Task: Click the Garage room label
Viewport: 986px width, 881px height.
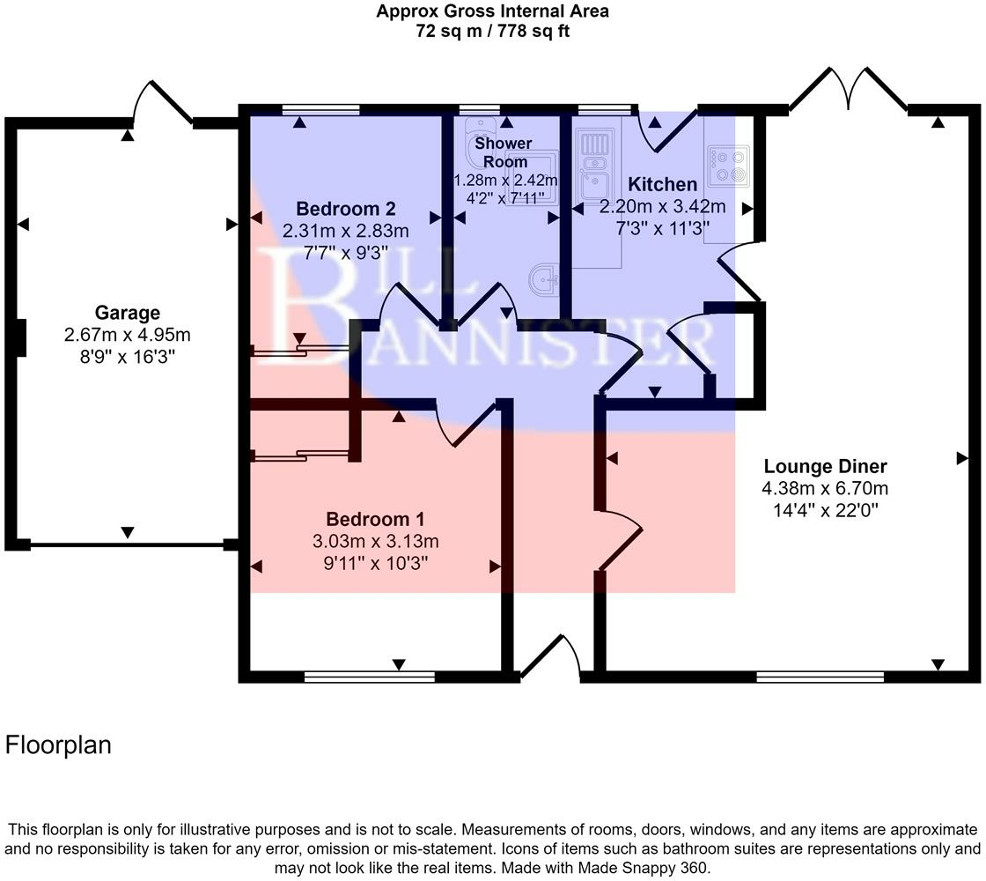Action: pyautogui.click(x=128, y=313)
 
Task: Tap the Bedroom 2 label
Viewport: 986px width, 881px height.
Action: pyautogui.click(x=345, y=210)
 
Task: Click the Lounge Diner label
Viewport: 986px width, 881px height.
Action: pyautogui.click(x=825, y=467)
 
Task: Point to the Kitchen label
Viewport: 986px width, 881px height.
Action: pyautogui.click(x=662, y=185)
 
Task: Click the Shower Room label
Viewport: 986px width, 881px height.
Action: pyautogui.click(x=503, y=152)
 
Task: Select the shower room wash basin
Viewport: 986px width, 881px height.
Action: pyautogui.click(x=546, y=281)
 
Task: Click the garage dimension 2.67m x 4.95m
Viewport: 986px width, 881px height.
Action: pyautogui.click(x=128, y=335)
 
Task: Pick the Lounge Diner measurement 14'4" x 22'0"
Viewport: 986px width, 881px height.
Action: pyautogui.click(x=825, y=509)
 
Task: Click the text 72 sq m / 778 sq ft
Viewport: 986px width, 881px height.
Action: pyautogui.click(x=492, y=32)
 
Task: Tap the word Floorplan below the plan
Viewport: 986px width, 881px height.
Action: pyautogui.click(x=59, y=745)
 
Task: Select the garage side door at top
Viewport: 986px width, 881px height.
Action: pyautogui.click(x=161, y=105)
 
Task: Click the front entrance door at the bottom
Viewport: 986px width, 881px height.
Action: pyautogui.click(x=550, y=659)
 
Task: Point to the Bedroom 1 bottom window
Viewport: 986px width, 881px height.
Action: pyautogui.click(x=369, y=677)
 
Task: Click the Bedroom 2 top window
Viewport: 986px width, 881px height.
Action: pyautogui.click(x=321, y=110)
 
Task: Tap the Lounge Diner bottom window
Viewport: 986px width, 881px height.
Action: pyautogui.click(x=820, y=677)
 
